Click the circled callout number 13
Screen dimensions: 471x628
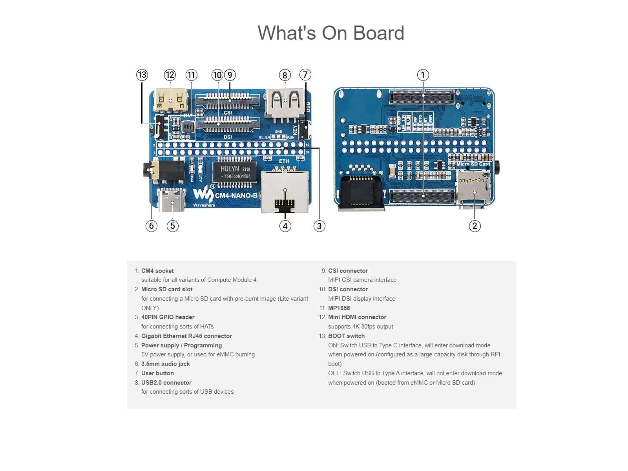click(x=142, y=75)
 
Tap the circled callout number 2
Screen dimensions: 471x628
click(x=475, y=226)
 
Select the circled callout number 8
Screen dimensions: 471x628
click(x=285, y=75)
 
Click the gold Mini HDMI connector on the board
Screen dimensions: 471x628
click(x=171, y=100)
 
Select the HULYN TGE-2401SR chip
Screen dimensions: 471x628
click(x=235, y=172)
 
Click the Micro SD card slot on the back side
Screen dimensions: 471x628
click(x=473, y=187)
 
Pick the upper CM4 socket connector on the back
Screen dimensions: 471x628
click(x=422, y=96)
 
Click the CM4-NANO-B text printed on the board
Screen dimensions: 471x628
click(x=236, y=195)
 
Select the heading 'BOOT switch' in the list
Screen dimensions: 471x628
click(x=346, y=336)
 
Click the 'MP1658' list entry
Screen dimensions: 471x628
click(x=339, y=308)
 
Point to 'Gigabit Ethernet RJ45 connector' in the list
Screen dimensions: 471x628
click(x=186, y=336)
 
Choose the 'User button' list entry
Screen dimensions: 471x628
click(x=157, y=373)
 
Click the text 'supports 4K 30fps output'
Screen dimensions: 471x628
click(x=360, y=327)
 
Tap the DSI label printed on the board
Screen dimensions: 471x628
click(x=228, y=137)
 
